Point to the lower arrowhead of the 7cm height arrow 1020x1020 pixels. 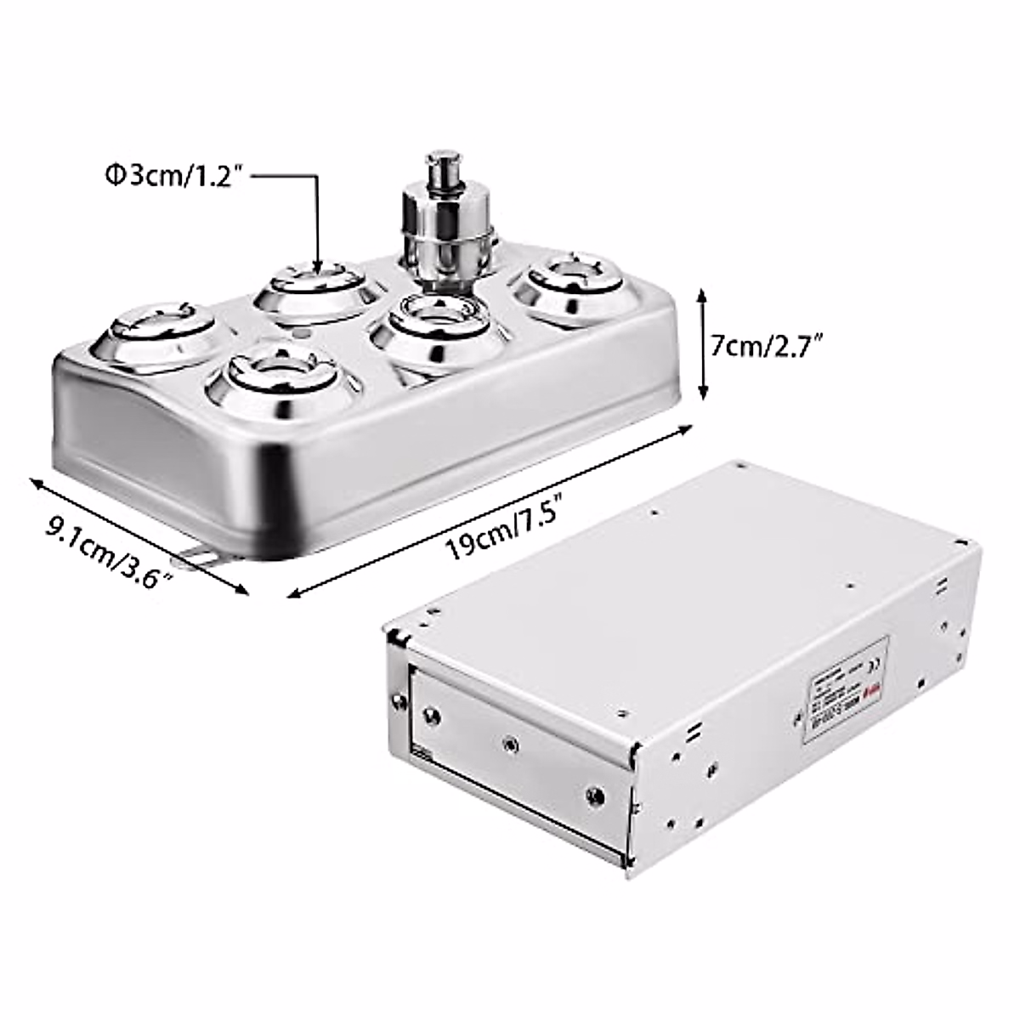[702, 394]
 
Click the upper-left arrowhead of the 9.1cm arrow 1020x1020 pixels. [35, 484]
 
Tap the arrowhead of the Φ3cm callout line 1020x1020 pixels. [318, 270]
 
